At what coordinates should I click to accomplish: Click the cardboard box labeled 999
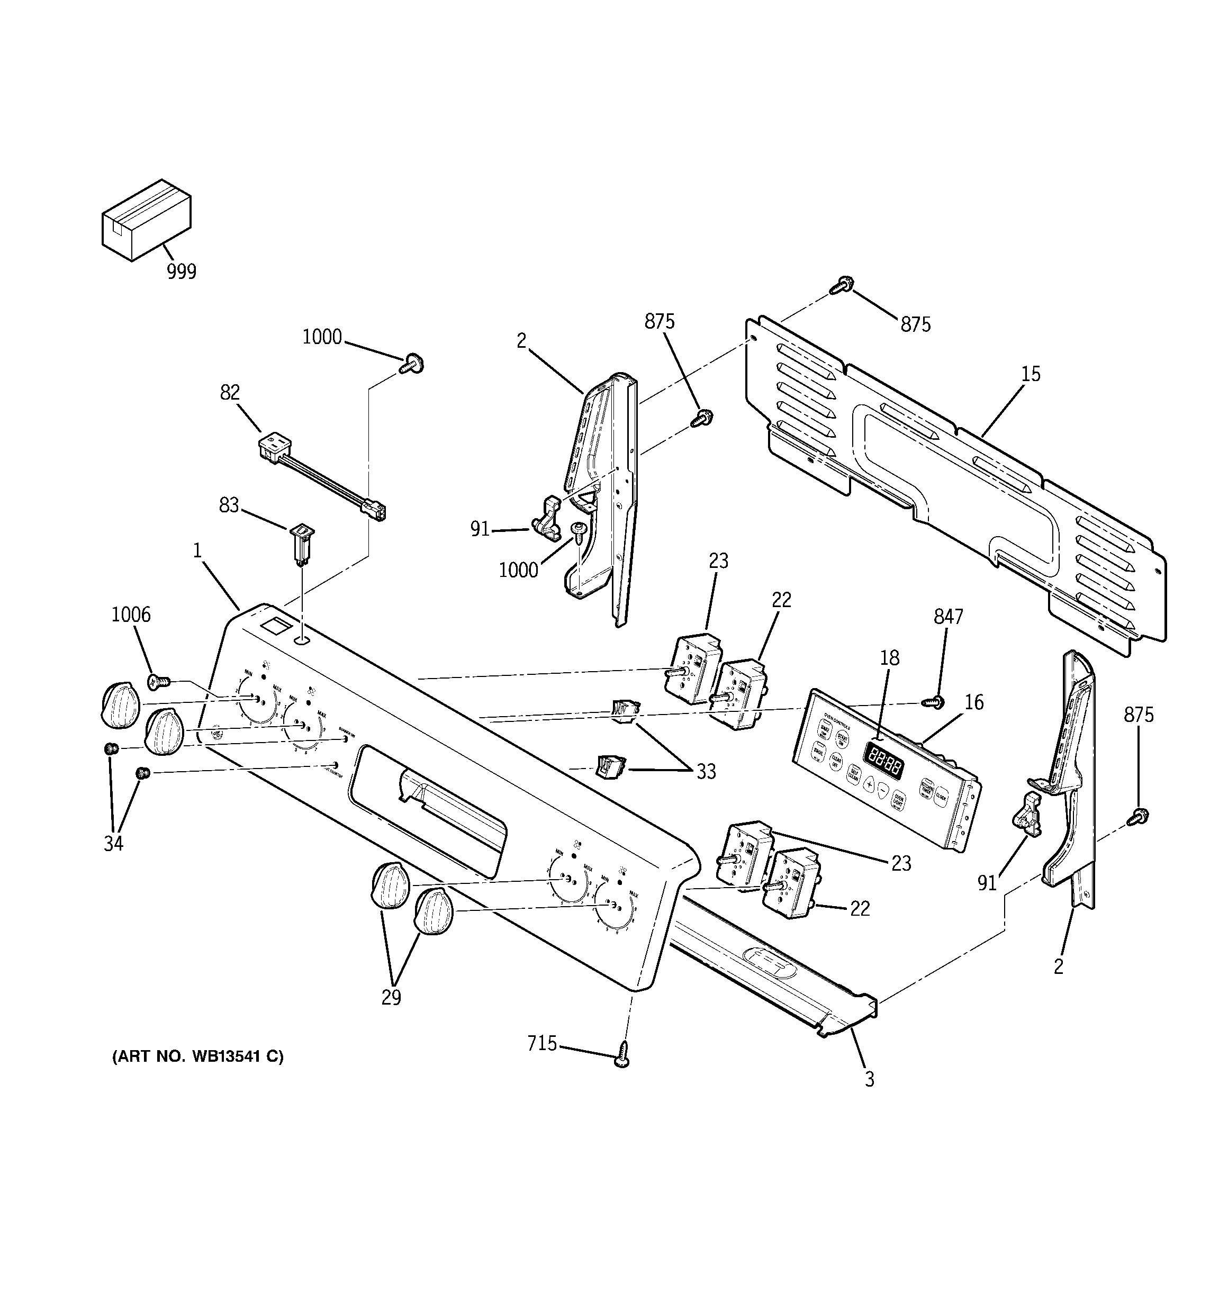[146, 220]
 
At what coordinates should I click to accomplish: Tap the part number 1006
[131, 615]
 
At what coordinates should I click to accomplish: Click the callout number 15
[1030, 374]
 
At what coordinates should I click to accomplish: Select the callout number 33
[706, 772]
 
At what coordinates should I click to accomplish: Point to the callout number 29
[391, 997]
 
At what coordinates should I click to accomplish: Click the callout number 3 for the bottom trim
[870, 1079]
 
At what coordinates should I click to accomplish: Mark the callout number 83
[229, 505]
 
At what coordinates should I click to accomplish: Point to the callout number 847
[949, 616]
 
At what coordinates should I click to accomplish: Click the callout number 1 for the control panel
[197, 550]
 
